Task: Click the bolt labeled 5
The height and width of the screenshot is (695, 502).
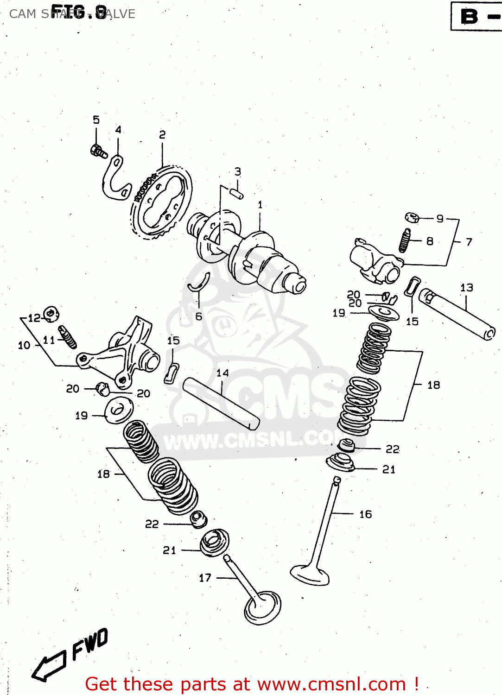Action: click(98, 151)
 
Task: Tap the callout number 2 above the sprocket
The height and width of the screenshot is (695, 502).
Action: click(162, 135)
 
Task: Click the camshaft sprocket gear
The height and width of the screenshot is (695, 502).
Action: click(162, 204)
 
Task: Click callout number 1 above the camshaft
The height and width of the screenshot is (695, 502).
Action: click(260, 204)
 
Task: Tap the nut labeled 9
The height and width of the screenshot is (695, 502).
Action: click(412, 217)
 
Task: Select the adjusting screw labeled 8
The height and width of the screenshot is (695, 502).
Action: click(405, 240)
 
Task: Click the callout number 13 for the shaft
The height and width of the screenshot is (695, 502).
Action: click(466, 288)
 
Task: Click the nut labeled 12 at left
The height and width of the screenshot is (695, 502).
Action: click(51, 315)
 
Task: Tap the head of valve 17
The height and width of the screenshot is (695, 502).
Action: click(263, 607)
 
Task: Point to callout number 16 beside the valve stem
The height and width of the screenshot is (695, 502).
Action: click(365, 514)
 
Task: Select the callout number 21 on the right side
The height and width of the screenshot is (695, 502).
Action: click(388, 470)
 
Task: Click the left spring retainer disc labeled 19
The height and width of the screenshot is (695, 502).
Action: click(119, 411)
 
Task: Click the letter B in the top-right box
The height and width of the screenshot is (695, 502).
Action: click(469, 17)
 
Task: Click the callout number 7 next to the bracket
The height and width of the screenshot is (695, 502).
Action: click(469, 242)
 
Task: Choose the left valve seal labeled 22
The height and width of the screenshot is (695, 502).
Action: click(199, 518)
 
